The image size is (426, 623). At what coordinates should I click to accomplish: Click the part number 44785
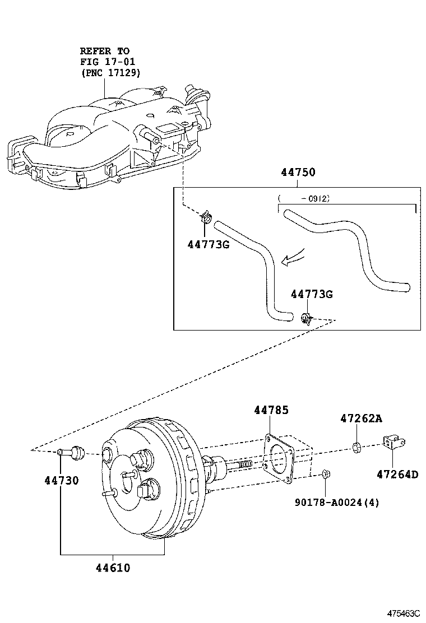click(x=271, y=411)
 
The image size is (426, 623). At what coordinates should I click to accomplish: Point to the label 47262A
click(x=361, y=419)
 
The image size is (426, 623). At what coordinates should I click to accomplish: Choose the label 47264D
click(x=397, y=475)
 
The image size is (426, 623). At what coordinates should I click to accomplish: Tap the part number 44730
click(x=62, y=480)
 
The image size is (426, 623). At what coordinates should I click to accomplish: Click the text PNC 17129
click(x=110, y=73)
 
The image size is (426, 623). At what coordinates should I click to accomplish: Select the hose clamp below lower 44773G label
click(x=306, y=319)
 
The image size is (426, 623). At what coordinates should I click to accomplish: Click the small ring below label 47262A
click(x=356, y=447)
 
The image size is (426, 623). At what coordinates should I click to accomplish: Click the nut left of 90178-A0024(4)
click(x=326, y=476)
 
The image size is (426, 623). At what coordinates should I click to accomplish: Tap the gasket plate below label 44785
click(x=279, y=457)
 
